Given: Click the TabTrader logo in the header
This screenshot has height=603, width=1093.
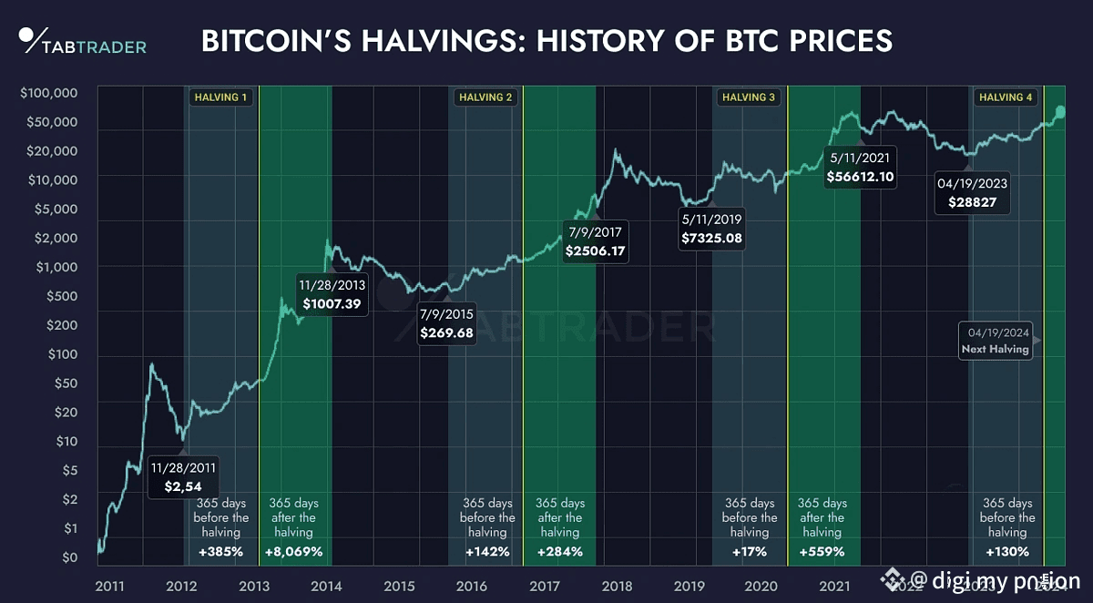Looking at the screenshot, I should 83,41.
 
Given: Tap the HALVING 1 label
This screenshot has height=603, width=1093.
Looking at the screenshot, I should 220,97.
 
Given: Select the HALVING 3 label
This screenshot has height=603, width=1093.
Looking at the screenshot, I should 749,97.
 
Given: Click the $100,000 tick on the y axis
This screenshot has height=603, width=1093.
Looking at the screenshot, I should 48,93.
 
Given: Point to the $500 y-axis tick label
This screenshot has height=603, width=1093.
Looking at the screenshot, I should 63,296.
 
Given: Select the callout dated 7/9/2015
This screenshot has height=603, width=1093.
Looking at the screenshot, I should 446,324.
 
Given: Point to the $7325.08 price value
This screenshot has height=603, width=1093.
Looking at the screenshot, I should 711,238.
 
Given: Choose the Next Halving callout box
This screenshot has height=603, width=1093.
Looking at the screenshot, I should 995,341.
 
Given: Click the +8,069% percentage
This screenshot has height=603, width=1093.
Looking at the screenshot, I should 293,551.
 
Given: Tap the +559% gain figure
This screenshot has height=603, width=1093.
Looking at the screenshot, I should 822,551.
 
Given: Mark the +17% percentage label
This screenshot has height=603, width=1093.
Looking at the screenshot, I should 750,551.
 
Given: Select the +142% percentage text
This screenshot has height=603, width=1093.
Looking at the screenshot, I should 487,551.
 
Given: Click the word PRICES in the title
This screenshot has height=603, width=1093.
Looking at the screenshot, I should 826,42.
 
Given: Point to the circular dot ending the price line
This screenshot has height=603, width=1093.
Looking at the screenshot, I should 1059,112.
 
